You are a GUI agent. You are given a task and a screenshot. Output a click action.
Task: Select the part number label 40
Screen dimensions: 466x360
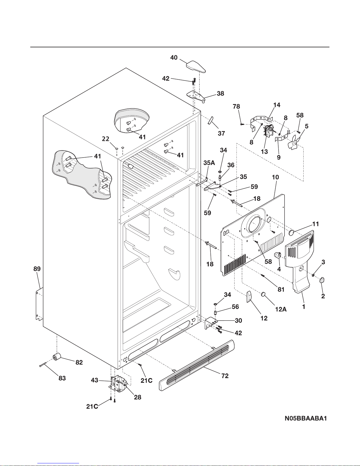(x=174, y=58)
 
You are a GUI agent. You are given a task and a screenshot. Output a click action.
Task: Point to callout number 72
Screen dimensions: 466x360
(x=225, y=376)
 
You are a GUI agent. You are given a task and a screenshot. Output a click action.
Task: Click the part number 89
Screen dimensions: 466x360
(x=37, y=269)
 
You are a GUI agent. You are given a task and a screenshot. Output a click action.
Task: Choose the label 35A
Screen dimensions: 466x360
(x=209, y=163)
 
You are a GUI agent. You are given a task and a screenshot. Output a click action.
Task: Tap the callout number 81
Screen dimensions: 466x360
(x=281, y=289)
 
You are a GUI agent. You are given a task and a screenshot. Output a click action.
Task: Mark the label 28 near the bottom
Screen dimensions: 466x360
(x=138, y=397)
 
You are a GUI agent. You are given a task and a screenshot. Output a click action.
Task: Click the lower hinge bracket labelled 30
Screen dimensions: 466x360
(x=211, y=322)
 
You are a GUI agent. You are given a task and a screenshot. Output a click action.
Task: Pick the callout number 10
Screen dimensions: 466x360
(x=275, y=177)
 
